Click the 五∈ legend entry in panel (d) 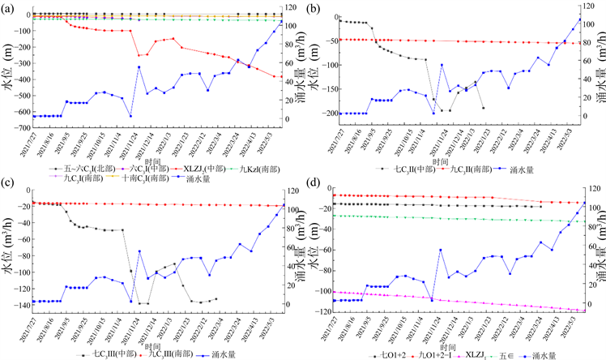pyautogui.click(x=507, y=355)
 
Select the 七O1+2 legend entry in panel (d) pyautogui.click(x=384, y=355)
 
